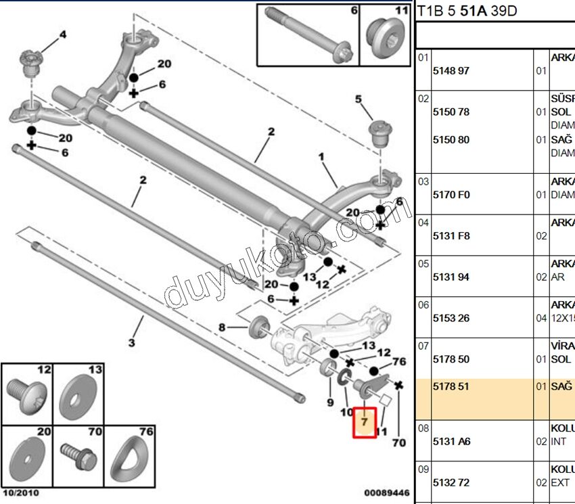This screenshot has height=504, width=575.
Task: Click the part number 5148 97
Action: point(451,70)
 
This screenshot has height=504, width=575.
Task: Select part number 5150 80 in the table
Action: point(451,140)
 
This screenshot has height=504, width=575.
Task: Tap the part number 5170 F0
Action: point(451,195)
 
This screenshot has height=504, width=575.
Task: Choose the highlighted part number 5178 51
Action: point(451,387)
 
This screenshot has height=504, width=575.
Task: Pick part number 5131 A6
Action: point(451,442)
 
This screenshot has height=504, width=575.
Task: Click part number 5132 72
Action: point(451,483)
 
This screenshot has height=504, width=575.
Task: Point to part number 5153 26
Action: point(451,318)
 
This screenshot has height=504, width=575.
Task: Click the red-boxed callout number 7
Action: point(365,422)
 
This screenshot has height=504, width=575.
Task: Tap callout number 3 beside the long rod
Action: point(132,343)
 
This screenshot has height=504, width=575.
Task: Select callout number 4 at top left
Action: point(63,35)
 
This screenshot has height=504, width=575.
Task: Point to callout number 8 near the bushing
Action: point(222,328)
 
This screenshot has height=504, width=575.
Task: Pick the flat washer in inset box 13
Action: point(78,395)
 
